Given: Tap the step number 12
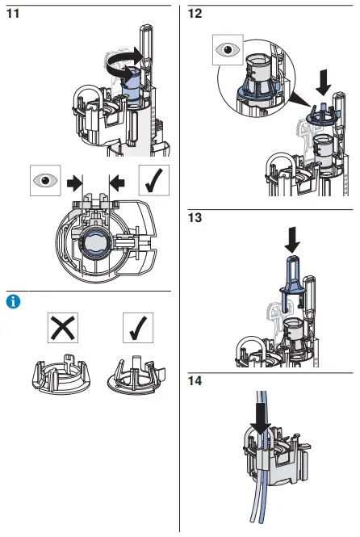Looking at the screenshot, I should (x=195, y=15).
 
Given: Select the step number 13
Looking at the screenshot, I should (x=195, y=217).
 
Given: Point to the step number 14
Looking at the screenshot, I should (x=195, y=379).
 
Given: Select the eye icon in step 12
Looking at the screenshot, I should (x=228, y=51).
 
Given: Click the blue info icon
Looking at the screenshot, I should (x=12, y=302).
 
